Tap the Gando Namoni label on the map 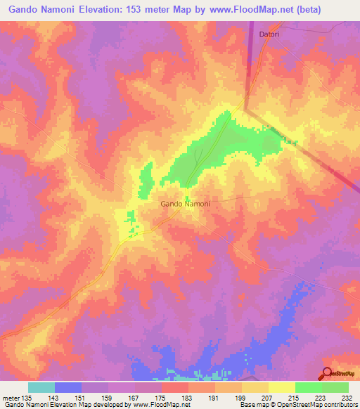click(185, 204)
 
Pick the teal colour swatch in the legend click(41, 387)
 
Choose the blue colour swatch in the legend click(67, 387)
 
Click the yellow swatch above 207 click(255, 387)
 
